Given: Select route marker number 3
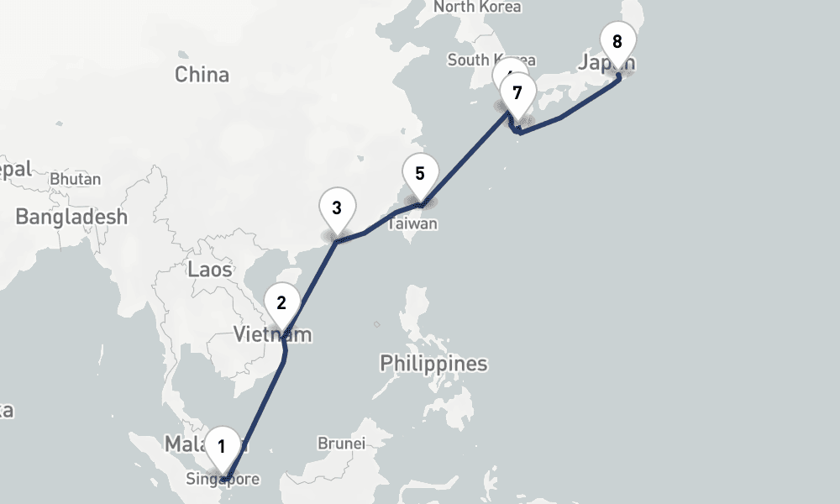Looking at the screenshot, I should (x=337, y=207).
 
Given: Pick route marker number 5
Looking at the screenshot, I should (x=420, y=174).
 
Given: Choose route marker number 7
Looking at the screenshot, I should (x=517, y=92).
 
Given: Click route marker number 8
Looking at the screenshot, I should (x=617, y=42).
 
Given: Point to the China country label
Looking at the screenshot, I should (x=202, y=75).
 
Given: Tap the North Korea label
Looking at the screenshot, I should (x=477, y=7).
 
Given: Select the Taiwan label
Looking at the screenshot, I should (x=412, y=224).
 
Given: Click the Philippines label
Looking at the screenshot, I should (x=433, y=364).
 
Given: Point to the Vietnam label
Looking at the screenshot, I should (x=272, y=335).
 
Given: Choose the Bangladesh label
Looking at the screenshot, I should (x=71, y=217).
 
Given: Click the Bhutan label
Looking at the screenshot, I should (x=75, y=179).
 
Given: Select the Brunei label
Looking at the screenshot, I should (x=341, y=443).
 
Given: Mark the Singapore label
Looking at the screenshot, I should (x=223, y=480).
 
